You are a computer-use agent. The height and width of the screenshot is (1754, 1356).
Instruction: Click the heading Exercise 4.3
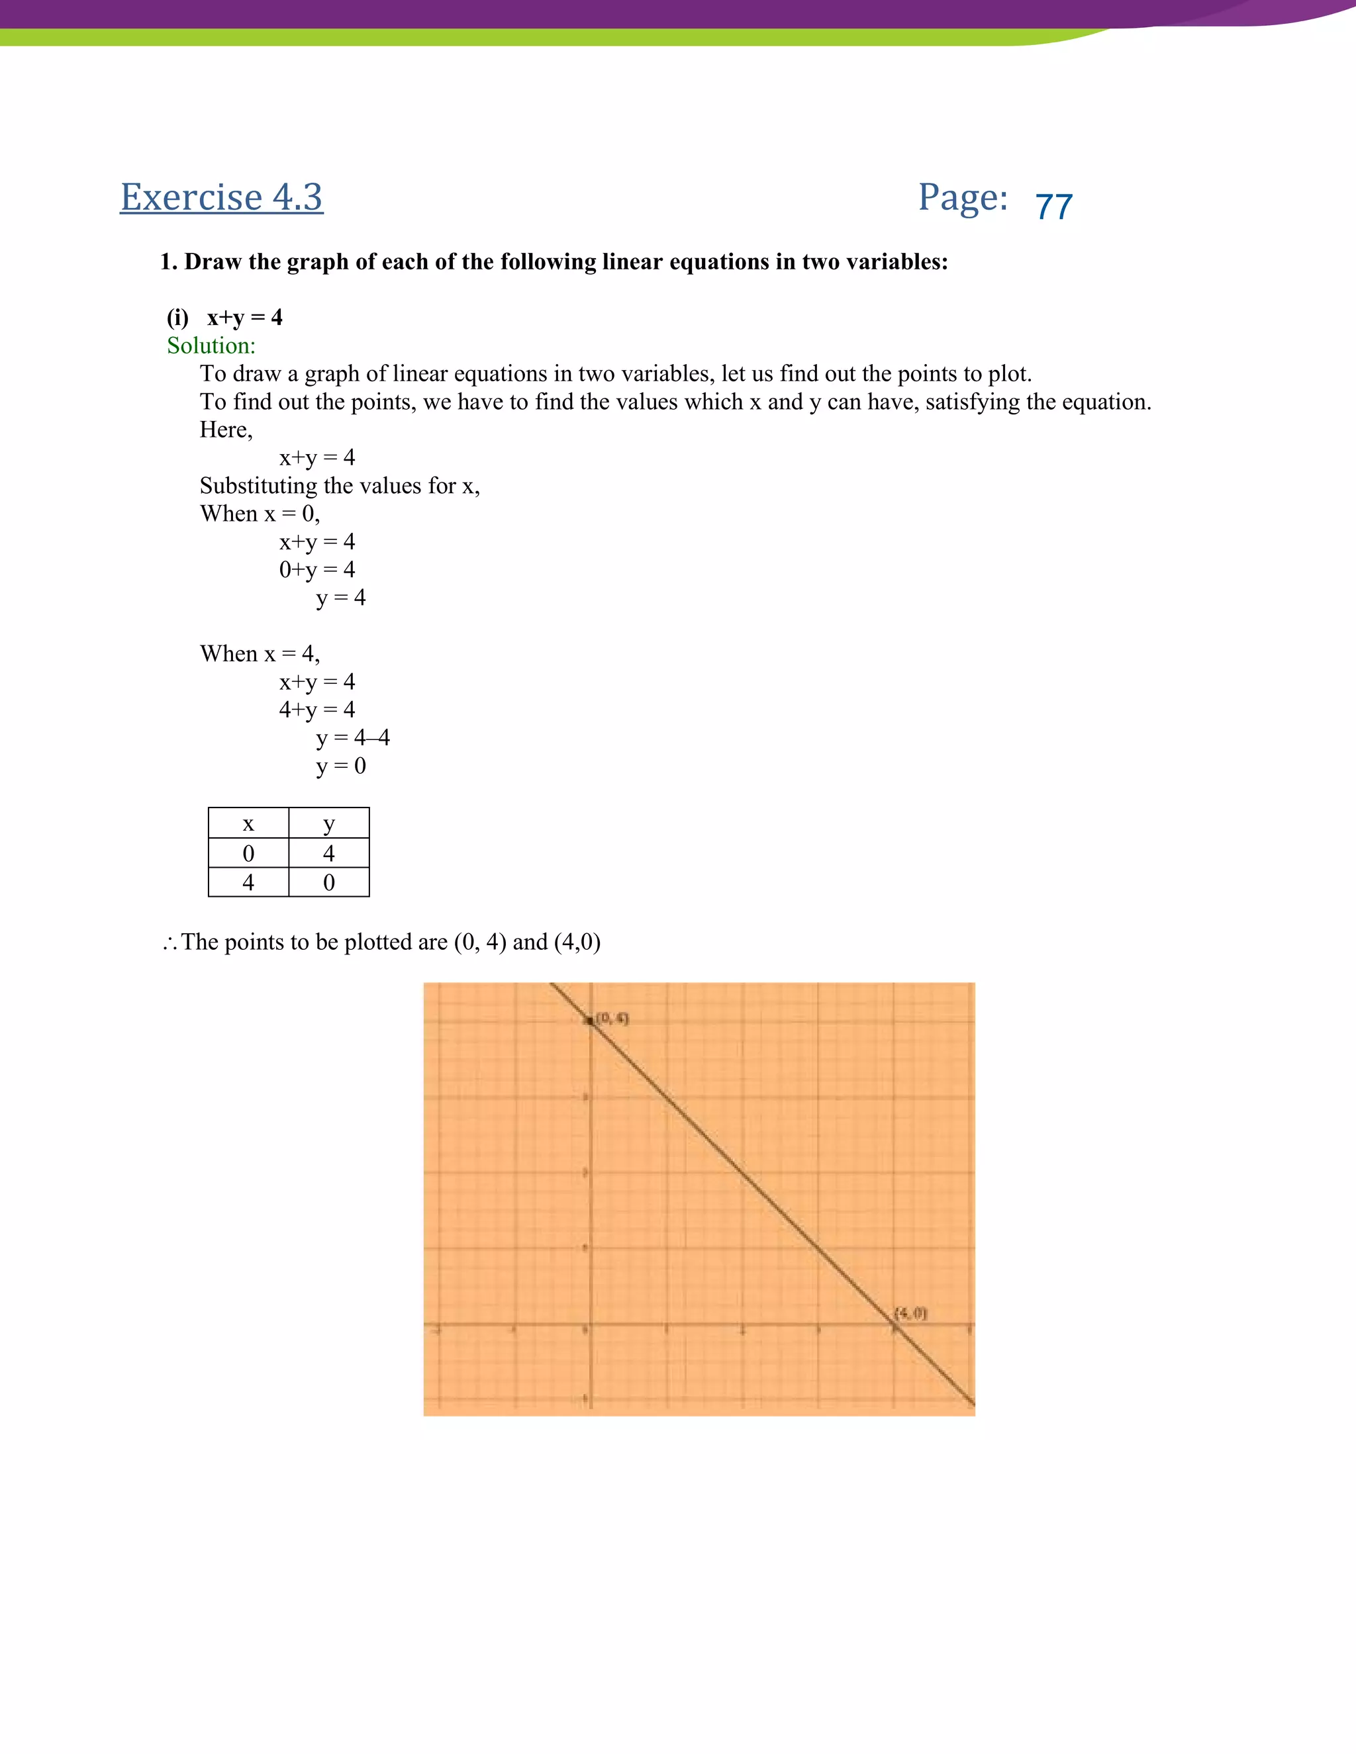(221, 197)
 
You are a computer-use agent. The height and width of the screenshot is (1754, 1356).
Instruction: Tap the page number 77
(1053, 207)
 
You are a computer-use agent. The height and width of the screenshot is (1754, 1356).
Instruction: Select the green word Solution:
(211, 346)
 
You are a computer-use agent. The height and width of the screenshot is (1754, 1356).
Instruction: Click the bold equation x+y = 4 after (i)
(244, 318)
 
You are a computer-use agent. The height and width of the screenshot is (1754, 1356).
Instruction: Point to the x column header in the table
(248, 824)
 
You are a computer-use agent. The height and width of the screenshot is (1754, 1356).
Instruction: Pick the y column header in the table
(328, 824)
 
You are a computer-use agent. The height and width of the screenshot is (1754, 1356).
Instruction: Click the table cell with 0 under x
(248, 853)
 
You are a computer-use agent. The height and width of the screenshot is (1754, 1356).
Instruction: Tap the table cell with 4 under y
(328, 853)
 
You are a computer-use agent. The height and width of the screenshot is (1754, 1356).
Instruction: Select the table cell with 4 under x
(248, 882)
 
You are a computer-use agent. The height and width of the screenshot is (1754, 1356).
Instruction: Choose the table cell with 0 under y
(328, 882)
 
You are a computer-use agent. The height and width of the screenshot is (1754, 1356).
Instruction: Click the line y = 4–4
(353, 738)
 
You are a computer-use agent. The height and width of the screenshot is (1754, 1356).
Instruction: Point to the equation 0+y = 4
(316, 570)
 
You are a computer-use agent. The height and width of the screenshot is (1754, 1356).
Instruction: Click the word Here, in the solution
(226, 430)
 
